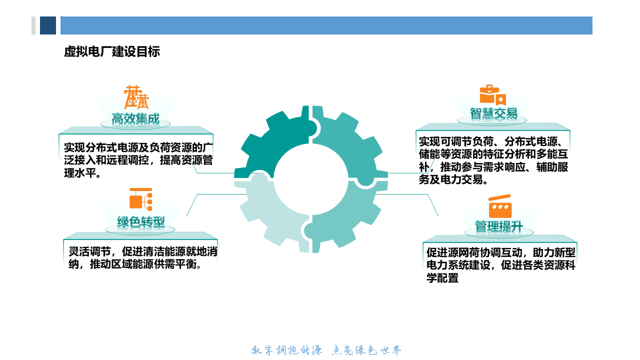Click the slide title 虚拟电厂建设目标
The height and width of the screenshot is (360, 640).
tap(112, 52)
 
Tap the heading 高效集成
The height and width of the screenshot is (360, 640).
tap(135, 119)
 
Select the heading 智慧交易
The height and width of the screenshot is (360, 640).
tap(493, 113)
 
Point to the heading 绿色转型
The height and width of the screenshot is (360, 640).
tap(141, 222)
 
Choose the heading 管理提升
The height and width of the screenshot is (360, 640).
tap(498, 227)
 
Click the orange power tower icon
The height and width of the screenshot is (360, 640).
tap(136, 97)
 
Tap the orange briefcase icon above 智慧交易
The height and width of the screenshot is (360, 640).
tap(492, 95)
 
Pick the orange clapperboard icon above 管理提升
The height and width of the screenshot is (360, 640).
tap(499, 206)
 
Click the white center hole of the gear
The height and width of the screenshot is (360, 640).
tap(311, 179)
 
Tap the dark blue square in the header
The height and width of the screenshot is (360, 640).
tap(48, 25)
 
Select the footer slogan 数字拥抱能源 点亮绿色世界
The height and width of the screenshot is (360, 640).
tap(326, 350)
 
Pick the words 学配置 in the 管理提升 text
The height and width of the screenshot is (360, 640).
tap(442, 278)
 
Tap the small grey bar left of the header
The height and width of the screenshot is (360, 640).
tap(33, 25)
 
